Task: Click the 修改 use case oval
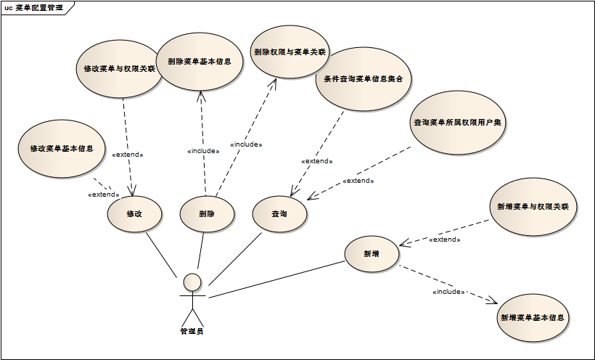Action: [x=134, y=213]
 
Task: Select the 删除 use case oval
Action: [x=207, y=213]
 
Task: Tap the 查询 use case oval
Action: [x=279, y=213]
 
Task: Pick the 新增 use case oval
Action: [x=372, y=254]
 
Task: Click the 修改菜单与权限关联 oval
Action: [x=119, y=70]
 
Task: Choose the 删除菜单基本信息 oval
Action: [x=200, y=62]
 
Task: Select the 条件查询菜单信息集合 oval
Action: [x=364, y=78]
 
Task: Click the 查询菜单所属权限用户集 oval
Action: [x=458, y=123]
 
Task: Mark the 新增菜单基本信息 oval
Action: [x=533, y=318]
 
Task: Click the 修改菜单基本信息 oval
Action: [x=62, y=148]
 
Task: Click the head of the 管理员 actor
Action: [x=192, y=281]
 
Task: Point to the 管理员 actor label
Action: [x=192, y=332]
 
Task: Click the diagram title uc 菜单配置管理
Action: [x=34, y=8]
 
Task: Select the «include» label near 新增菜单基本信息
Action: [x=448, y=292]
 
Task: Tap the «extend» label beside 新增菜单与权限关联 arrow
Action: [x=445, y=240]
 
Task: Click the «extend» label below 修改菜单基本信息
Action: [x=103, y=195]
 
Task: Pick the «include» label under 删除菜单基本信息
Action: [x=203, y=151]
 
